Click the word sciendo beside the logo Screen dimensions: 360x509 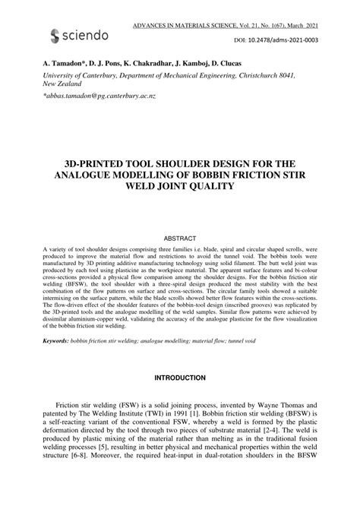point(87,35)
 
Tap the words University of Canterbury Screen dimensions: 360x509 point(80,76)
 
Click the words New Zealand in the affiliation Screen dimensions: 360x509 point(64,85)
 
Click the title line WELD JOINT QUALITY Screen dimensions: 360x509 point(180,187)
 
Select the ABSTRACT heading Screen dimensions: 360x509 point(180,239)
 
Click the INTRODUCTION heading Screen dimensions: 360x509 point(180,378)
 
